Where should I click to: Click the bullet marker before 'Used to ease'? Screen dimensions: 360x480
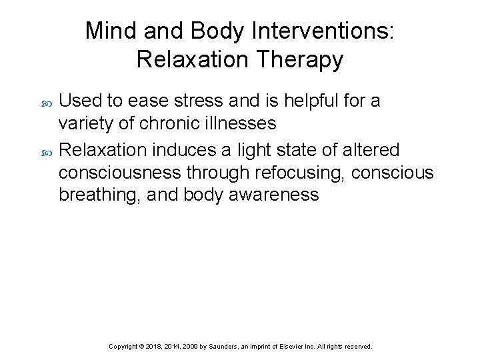click(46, 102)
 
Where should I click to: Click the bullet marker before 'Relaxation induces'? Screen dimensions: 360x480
click(46, 149)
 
